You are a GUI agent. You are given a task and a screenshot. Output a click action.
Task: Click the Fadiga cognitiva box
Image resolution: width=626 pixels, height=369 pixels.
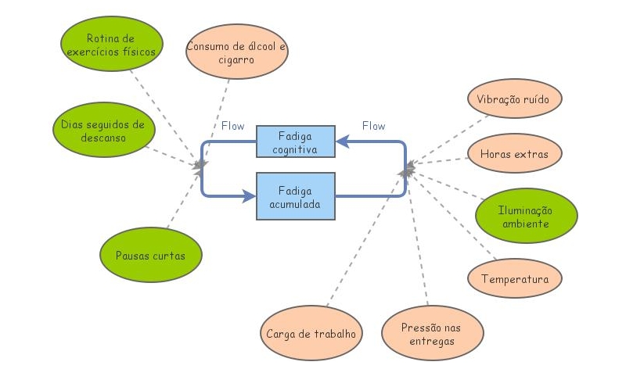click(x=296, y=143)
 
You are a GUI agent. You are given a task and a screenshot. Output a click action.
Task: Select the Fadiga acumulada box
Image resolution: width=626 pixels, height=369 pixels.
click(x=296, y=195)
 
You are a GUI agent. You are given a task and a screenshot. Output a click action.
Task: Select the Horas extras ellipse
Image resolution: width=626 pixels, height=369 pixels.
click(x=514, y=154)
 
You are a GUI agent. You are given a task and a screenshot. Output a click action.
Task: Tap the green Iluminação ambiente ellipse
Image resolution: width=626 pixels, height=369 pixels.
click(x=526, y=217)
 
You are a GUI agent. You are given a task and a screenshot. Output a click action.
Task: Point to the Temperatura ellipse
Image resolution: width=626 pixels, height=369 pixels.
click(x=515, y=278)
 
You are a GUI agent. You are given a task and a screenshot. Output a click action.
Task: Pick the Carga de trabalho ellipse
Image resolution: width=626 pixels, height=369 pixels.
click(x=311, y=333)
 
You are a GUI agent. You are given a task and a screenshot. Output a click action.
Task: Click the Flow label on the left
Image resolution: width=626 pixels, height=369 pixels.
click(x=232, y=126)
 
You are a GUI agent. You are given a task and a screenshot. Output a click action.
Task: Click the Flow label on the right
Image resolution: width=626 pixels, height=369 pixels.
click(x=373, y=126)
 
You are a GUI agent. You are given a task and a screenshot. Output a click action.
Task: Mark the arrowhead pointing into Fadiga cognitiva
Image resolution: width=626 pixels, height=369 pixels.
click(x=342, y=142)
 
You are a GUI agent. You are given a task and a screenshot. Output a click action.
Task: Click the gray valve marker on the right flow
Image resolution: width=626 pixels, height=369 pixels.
click(x=405, y=168)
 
